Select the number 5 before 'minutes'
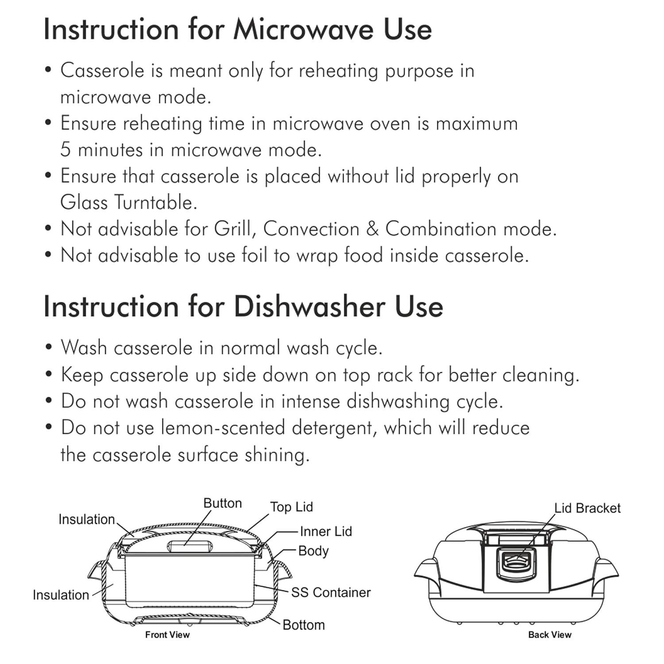[66, 150]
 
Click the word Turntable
[155, 203]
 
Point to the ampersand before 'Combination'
[372, 229]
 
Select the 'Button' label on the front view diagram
[223, 503]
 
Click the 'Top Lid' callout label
[291, 507]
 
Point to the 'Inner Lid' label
[326, 531]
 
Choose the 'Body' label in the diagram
[313, 551]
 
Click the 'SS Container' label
[331, 592]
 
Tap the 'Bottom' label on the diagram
[304, 625]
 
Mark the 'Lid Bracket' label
[587, 508]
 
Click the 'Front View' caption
[167, 635]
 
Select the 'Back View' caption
[550, 635]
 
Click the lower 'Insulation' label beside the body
[61, 595]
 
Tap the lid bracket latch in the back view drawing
[516, 562]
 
